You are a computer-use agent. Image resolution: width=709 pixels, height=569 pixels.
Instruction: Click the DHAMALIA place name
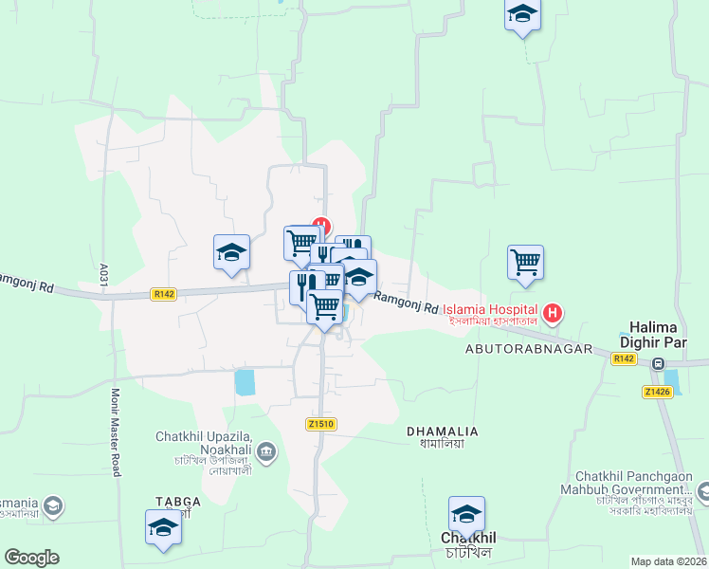click(442, 431)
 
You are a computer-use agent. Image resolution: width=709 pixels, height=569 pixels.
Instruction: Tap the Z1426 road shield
click(658, 392)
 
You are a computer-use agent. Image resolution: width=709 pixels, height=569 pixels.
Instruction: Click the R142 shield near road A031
click(163, 295)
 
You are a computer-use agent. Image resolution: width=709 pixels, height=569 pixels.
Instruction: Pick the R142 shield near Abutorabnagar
click(624, 358)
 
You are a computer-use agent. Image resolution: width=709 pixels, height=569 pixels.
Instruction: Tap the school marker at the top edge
click(521, 16)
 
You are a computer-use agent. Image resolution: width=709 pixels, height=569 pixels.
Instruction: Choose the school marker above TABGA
click(163, 528)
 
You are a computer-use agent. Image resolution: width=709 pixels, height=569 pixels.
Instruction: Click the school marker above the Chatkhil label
click(466, 515)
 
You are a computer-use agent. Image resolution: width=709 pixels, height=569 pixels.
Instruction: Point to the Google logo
click(32, 558)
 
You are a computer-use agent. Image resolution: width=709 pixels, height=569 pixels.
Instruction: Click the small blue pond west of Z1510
click(245, 382)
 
